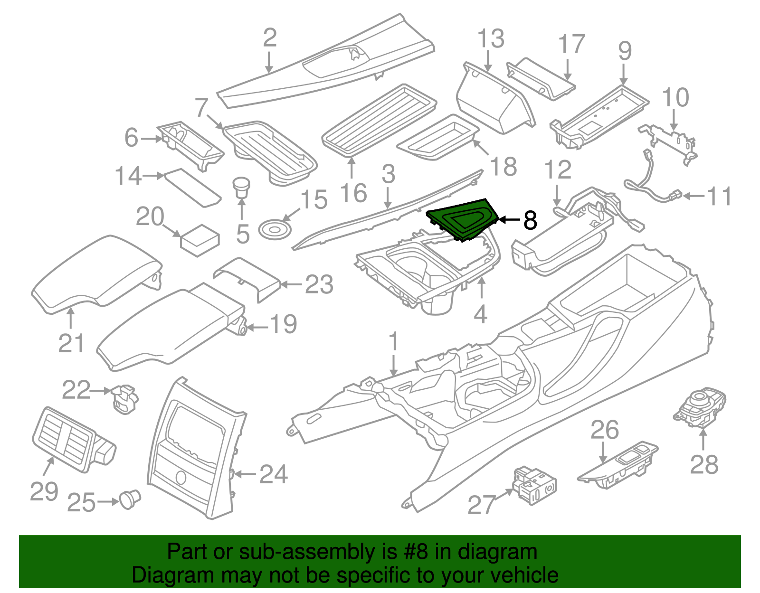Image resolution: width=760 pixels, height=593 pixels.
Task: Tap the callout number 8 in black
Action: coord(530,220)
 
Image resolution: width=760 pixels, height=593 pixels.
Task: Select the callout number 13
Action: coord(491,39)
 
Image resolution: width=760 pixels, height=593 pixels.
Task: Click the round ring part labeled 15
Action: coord(274,229)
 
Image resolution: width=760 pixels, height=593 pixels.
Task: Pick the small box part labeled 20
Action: coord(199,240)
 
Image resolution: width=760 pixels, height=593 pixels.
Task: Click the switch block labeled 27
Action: coord(534,484)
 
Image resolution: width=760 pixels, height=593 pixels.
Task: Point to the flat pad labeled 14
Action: coord(192,187)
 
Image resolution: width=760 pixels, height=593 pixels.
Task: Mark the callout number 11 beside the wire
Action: coord(719,196)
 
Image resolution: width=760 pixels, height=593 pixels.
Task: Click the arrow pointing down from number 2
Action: coord(269,62)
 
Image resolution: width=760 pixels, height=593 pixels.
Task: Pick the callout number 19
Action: coord(283,324)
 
